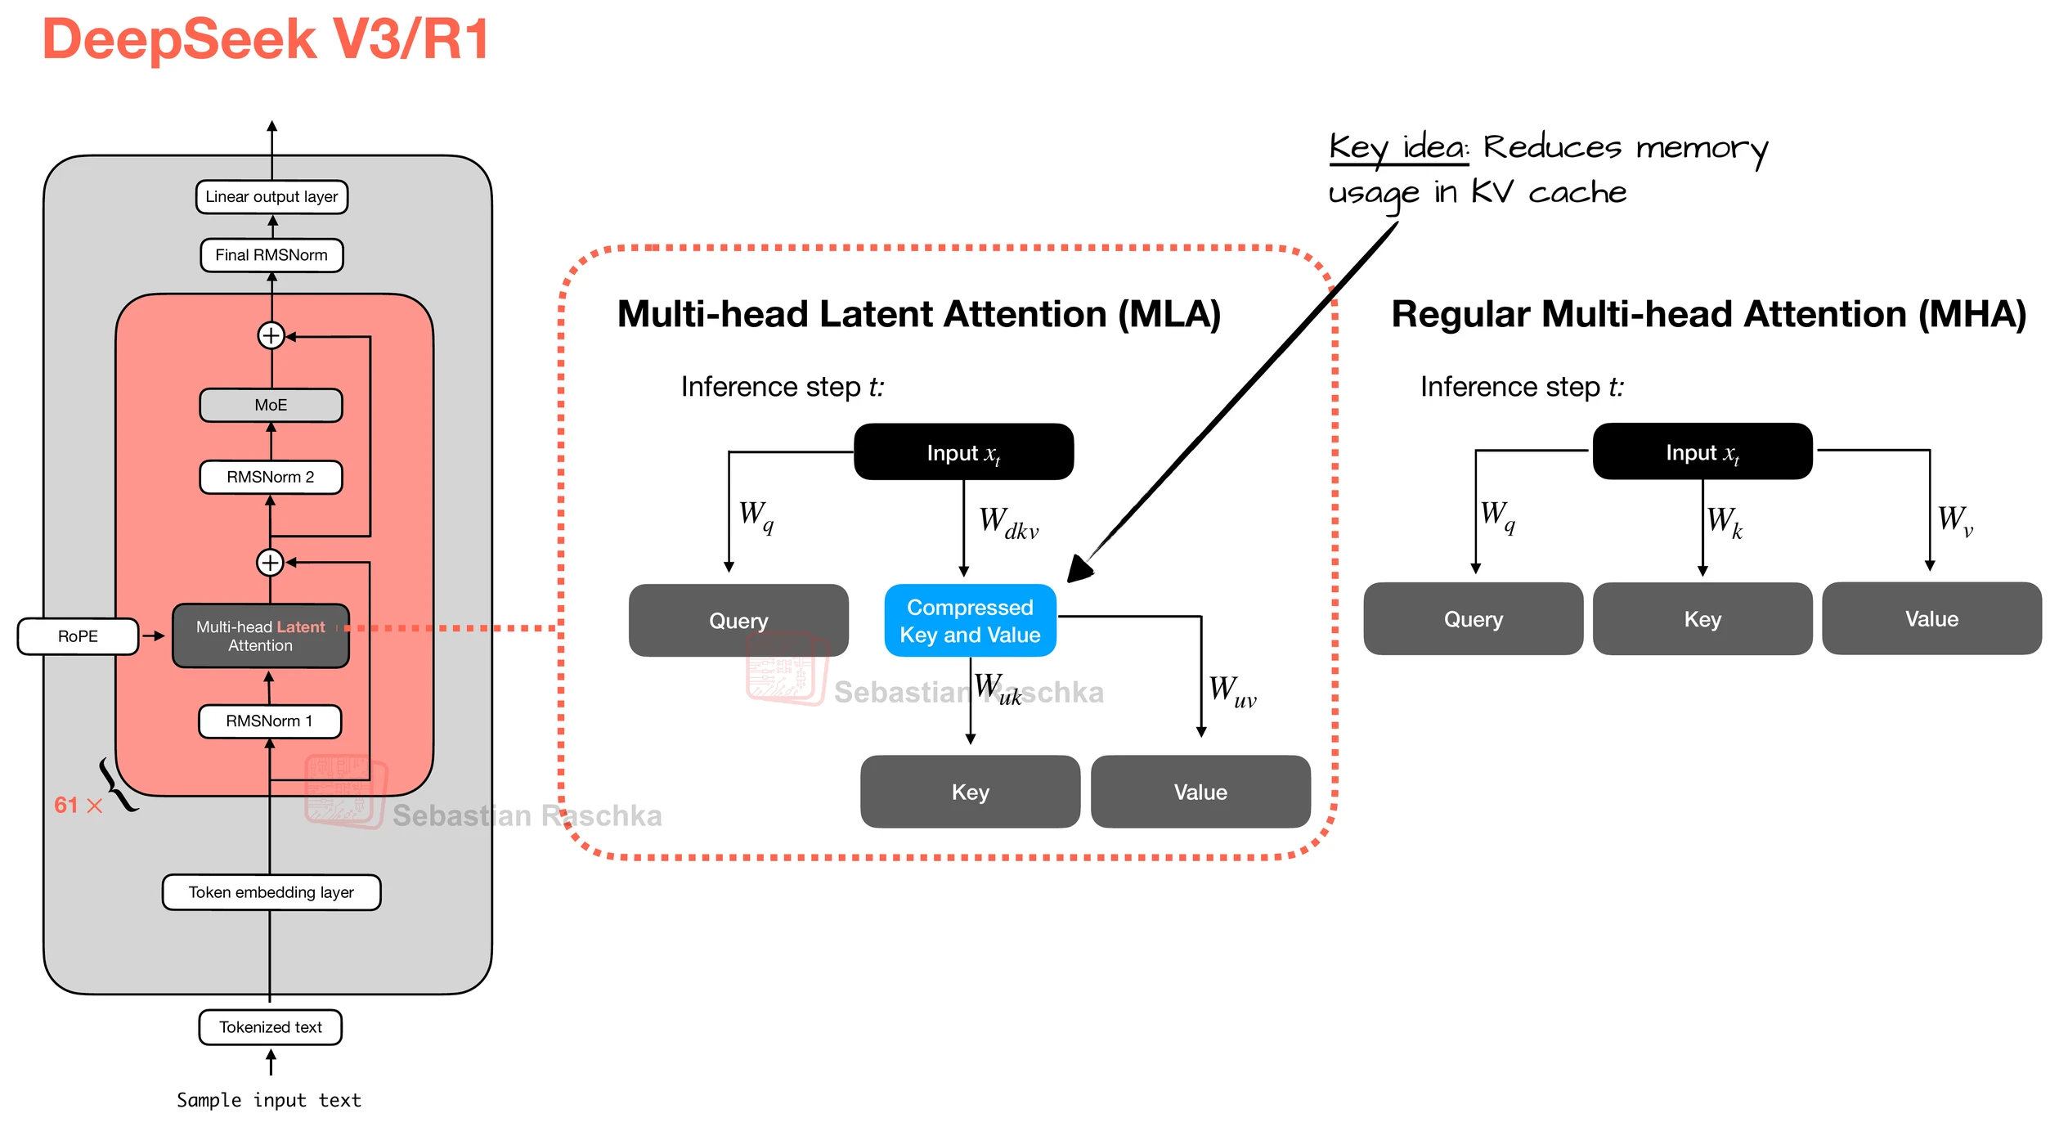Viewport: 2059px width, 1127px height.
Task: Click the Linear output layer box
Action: [271, 197]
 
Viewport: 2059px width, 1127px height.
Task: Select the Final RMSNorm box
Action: [271, 255]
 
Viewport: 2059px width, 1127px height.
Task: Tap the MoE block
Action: [271, 406]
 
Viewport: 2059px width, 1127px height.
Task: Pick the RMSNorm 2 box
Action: [271, 478]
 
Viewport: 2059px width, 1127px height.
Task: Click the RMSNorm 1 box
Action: [270, 721]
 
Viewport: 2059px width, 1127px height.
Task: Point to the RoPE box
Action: [78, 636]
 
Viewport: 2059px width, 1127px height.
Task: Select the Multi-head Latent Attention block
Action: [261, 636]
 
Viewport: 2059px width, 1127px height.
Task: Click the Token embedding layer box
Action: [271, 892]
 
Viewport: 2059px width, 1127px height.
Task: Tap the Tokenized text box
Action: [271, 1027]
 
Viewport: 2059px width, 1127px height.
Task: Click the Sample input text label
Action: [268, 1100]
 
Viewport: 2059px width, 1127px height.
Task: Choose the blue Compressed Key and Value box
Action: [970, 621]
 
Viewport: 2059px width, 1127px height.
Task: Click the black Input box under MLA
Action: [963, 452]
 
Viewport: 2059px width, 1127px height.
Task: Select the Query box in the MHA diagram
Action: [1473, 619]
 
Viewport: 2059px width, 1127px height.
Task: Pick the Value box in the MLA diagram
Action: [1200, 792]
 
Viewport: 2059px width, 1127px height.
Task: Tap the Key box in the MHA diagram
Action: [1702, 619]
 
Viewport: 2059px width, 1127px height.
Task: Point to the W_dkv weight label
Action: [1008, 523]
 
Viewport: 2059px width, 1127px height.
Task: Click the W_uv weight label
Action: [1232, 691]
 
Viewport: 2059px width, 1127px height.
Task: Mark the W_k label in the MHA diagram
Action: [1725, 522]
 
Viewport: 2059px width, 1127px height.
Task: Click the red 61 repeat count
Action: [66, 806]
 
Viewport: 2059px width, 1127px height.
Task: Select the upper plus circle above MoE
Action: [271, 335]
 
